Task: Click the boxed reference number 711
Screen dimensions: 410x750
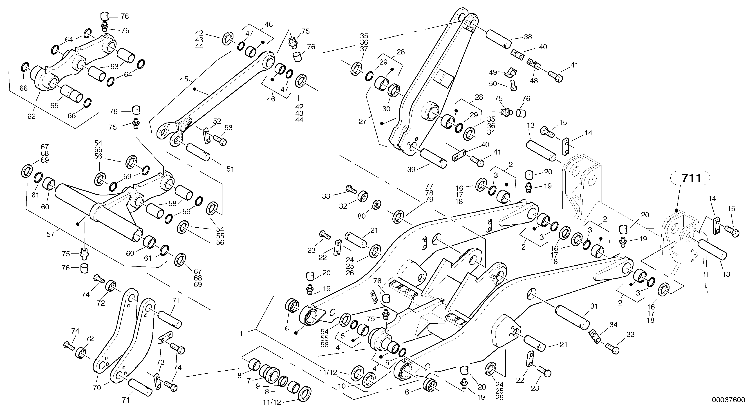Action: pos(692,178)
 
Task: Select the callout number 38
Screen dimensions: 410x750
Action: pos(528,37)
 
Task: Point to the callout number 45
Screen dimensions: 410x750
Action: pos(184,79)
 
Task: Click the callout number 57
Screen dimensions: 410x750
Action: pos(51,234)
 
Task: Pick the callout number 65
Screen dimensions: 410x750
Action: pos(54,105)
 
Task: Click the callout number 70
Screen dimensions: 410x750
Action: pos(97,388)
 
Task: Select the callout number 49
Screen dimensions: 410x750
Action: pos(493,72)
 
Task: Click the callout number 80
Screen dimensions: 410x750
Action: pos(361,216)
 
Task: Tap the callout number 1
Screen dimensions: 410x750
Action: pos(241,334)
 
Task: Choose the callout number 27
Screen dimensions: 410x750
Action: pos(363,121)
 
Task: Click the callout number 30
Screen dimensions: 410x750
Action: pos(386,109)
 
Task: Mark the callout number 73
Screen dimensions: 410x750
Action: pos(160,362)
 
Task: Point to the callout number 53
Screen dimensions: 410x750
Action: pos(228,128)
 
